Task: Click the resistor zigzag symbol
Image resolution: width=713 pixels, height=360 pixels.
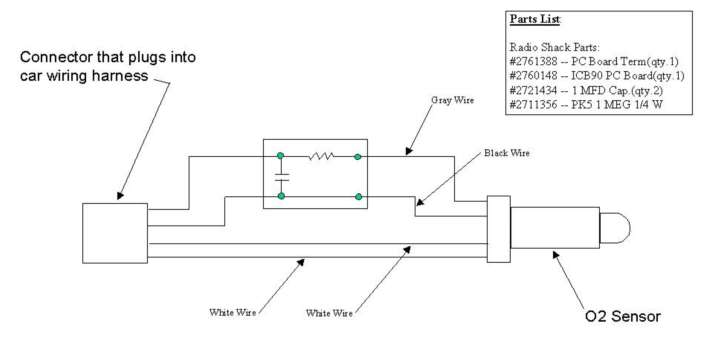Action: pyautogui.click(x=319, y=156)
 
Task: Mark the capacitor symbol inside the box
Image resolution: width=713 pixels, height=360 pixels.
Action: pyautogui.click(x=282, y=176)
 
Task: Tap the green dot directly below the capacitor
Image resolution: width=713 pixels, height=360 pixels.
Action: pyautogui.click(x=282, y=197)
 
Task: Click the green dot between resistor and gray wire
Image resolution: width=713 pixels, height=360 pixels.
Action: pyautogui.click(x=357, y=156)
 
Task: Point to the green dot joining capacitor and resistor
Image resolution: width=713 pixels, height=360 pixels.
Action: pyautogui.click(x=282, y=156)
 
